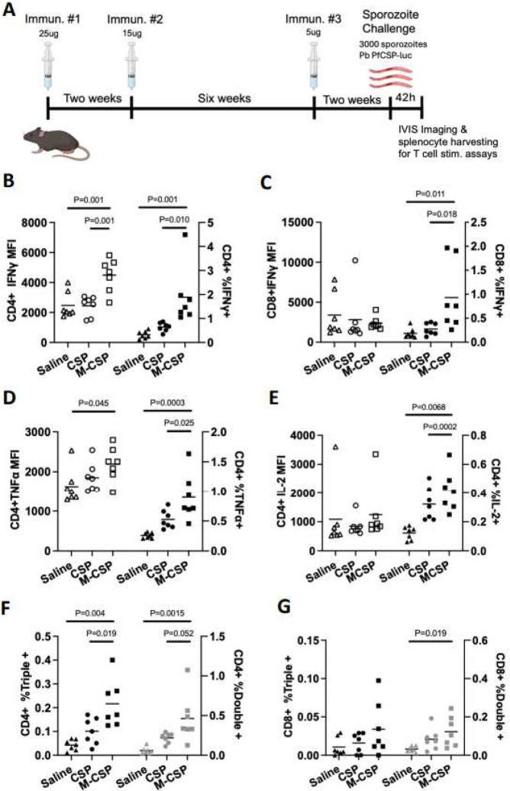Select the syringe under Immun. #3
(x=314, y=63)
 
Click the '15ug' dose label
(x=133, y=34)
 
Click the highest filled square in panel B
(x=184, y=235)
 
